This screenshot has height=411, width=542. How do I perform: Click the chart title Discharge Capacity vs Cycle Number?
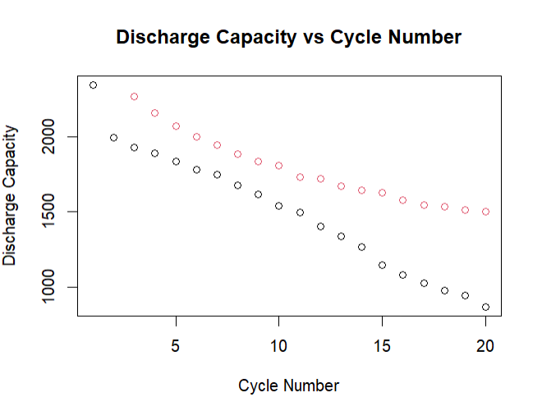(288, 37)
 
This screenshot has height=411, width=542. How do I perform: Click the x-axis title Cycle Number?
(288, 385)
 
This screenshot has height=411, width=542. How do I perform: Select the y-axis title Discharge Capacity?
(11, 195)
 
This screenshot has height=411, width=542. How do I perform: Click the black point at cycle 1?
(93, 84)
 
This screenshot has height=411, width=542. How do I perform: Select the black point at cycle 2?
(113, 137)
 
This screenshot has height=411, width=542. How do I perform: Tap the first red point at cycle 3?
(134, 96)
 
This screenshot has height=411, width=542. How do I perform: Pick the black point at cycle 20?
(485, 307)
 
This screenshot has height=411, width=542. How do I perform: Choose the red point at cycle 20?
(485, 211)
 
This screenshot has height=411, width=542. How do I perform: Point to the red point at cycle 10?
(279, 165)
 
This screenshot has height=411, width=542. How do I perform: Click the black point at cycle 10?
(279, 205)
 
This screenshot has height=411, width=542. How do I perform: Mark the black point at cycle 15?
(382, 265)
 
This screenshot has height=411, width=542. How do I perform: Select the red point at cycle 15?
(382, 193)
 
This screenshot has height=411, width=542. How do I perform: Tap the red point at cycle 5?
(176, 126)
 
